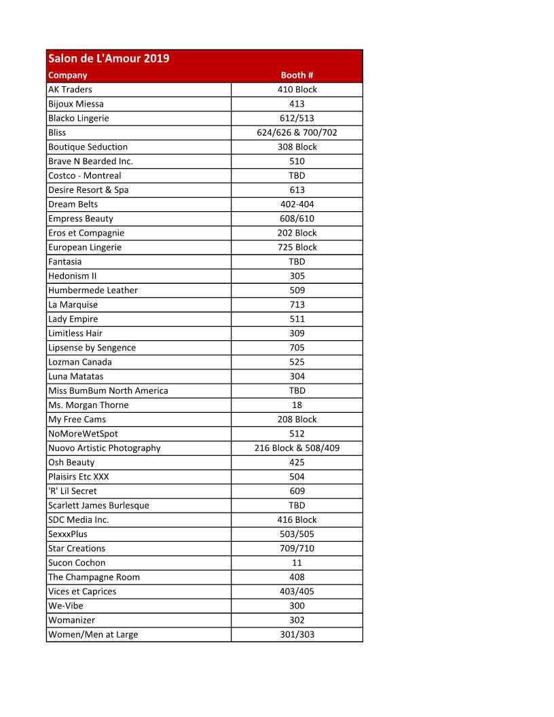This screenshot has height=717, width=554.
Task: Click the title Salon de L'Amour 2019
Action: [109, 58]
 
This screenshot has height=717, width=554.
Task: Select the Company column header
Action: [68, 75]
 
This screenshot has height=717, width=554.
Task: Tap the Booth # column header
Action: [297, 75]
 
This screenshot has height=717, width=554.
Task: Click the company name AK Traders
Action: [70, 90]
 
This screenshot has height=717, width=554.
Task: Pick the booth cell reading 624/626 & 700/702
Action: [297, 132]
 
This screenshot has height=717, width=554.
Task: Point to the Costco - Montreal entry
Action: [85, 176]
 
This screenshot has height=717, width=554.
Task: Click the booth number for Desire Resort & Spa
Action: [297, 190]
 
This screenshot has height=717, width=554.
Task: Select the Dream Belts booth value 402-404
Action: [297, 204]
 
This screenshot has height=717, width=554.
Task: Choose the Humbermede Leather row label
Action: [93, 290]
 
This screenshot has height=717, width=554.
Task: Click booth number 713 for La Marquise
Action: [297, 305]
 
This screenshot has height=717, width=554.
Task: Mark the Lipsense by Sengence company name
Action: [92, 348]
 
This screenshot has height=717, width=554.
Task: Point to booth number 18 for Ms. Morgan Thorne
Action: [297, 405]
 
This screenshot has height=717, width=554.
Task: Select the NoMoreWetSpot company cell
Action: [83, 434]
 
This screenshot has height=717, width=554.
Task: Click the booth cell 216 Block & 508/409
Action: [297, 448]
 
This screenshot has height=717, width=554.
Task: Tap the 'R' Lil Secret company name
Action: [73, 491]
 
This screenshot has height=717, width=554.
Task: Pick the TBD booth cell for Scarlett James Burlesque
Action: [297, 505]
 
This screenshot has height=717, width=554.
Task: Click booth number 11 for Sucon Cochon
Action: [297, 563]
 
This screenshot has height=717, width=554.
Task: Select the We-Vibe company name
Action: [66, 606]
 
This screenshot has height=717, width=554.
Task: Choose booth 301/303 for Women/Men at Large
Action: [297, 634]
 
